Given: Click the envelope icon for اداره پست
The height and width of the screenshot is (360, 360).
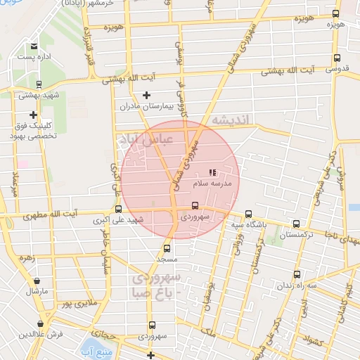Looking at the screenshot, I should (x=33, y=46).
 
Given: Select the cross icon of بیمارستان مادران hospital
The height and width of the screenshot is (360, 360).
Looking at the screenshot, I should (x=146, y=95).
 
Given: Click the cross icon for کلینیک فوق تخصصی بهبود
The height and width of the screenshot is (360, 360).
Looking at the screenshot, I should (x=32, y=115).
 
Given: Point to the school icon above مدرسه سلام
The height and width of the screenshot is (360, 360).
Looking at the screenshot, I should (x=212, y=172).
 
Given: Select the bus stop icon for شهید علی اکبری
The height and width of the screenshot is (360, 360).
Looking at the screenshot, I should (x=117, y=209).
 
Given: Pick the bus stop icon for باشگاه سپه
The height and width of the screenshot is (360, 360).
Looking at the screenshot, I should (x=248, y=214).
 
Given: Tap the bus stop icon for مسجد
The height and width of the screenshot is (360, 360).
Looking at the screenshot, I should (x=167, y=248).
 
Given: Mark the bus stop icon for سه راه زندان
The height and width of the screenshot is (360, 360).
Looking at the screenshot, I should (x=297, y=274).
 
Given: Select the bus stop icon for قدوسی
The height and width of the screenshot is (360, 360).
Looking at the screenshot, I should (x=336, y=58).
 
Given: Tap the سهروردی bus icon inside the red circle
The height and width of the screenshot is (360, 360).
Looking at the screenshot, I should (x=195, y=206).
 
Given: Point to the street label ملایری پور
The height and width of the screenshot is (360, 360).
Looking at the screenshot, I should (x=75, y=304).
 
